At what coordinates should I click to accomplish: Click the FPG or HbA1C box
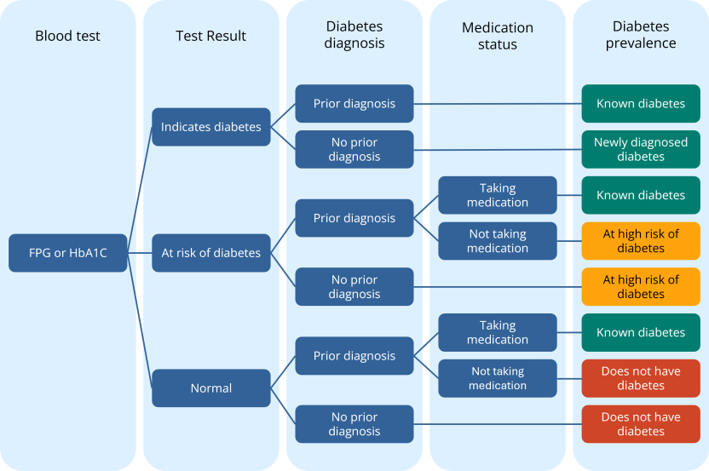click(x=68, y=253)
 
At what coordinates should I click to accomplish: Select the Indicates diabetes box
click(x=211, y=127)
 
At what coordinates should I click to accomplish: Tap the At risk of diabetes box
click(x=211, y=253)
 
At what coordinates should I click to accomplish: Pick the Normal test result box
click(x=211, y=388)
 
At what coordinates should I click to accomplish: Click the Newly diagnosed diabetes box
click(x=641, y=149)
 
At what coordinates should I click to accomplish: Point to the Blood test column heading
click(x=68, y=36)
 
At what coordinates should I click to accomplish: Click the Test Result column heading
click(x=211, y=36)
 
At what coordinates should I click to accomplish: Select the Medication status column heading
click(x=498, y=36)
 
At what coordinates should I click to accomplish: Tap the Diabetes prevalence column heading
click(x=641, y=36)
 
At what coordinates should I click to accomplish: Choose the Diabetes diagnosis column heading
click(x=354, y=36)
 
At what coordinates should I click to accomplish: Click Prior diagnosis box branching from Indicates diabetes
click(x=354, y=104)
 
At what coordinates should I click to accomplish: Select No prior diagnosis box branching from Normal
click(x=354, y=424)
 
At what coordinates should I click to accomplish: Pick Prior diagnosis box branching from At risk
click(x=354, y=218)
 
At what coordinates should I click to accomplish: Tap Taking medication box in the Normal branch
click(x=498, y=332)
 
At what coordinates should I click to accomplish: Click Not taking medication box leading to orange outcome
click(x=498, y=241)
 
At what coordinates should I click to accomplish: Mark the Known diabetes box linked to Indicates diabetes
click(x=641, y=104)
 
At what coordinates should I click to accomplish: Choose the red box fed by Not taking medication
click(x=641, y=378)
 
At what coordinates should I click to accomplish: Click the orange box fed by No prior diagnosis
click(x=641, y=287)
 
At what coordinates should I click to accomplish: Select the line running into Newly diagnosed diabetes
click(x=498, y=150)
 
